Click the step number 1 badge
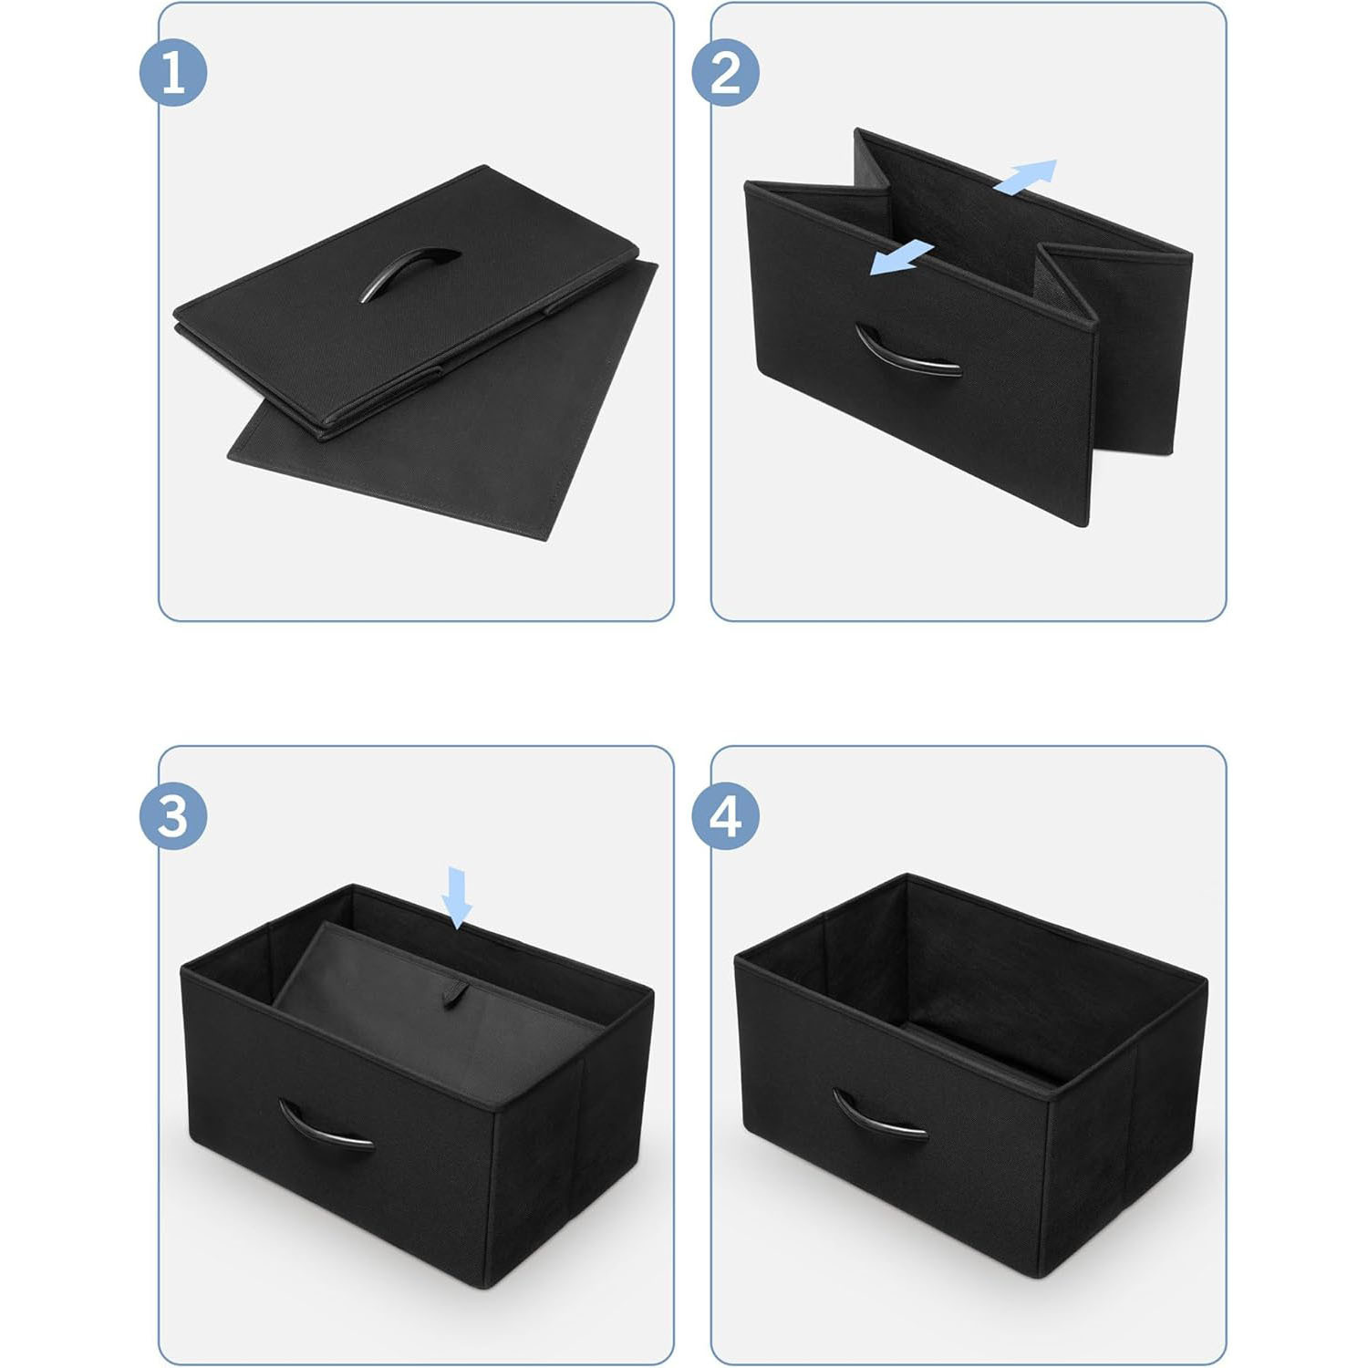(x=173, y=72)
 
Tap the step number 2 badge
(x=726, y=72)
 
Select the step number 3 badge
(x=173, y=816)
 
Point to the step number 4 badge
(x=726, y=816)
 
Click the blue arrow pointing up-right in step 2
(x=1025, y=176)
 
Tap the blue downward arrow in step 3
(x=457, y=897)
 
